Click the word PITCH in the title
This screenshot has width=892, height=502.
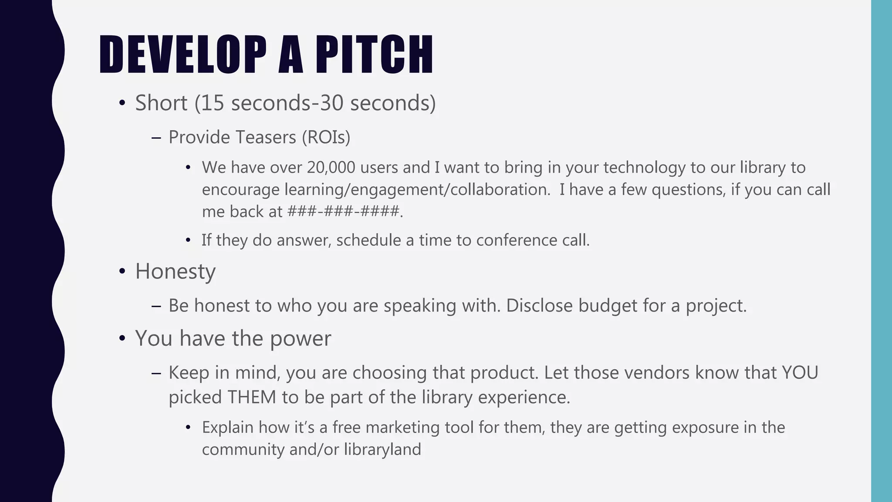(x=374, y=54)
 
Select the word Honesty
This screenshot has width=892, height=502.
(x=175, y=271)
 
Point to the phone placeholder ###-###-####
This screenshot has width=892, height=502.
(x=344, y=212)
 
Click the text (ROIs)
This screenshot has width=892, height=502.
(x=326, y=137)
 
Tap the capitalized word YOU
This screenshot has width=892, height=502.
(x=800, y=373)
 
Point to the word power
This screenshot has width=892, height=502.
(x=301, y=339)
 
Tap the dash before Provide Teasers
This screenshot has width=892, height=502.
(x=156, y=138)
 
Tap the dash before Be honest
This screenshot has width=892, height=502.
(x=156, y=306)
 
